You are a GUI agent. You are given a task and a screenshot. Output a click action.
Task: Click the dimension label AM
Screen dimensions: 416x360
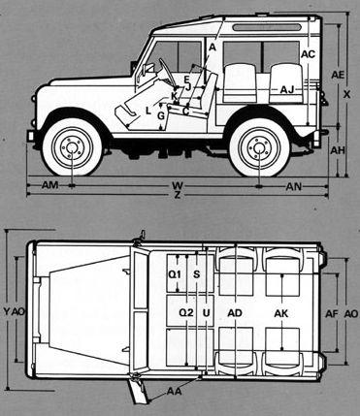tap(51, 183)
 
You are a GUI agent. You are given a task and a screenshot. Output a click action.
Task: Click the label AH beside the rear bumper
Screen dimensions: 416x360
tap(337, 151)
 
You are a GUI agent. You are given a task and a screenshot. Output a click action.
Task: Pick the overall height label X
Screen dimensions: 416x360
tap(347, 94)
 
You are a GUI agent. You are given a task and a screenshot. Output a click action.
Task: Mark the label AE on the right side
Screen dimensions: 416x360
tap(337, 75)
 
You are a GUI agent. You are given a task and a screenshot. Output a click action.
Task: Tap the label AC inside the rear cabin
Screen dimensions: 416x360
tap(308, 54)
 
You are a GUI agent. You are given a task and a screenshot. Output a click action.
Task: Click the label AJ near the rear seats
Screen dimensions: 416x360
tap(286, 89)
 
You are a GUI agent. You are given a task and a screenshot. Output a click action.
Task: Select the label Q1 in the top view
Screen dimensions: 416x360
tap(176, 274)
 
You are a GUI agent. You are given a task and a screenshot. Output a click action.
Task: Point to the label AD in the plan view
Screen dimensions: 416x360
tap(234, 313)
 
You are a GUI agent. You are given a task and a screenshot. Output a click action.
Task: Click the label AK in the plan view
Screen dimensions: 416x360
tap(281, 313)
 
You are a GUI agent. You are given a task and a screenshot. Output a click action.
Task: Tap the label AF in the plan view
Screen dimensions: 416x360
tap(331, 313)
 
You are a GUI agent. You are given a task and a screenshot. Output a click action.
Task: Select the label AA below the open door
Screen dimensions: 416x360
tap(174, 392)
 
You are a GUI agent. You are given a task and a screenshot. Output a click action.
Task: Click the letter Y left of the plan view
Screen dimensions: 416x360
tap(7, 313)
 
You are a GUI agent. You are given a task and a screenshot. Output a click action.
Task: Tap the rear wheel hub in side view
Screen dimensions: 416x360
tap(259, 147)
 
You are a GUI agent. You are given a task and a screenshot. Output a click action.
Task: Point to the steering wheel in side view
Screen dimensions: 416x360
tap(166, 72)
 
